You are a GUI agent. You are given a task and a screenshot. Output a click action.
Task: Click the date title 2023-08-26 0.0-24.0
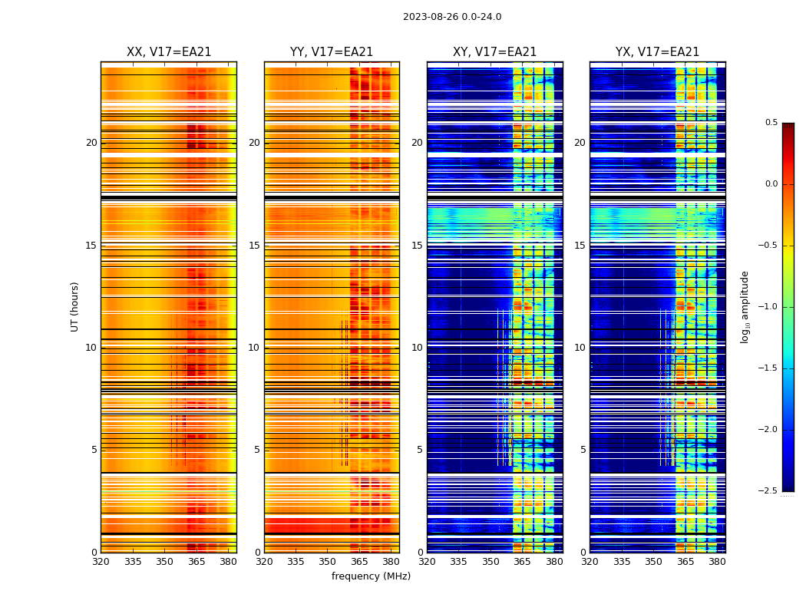(x=452, y=17)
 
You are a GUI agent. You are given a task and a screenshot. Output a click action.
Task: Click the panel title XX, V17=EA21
(x=169, y=52)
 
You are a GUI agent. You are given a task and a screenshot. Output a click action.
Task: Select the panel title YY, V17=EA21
(x=332, y=52)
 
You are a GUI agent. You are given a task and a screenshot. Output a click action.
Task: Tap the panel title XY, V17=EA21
(x=494, y=52)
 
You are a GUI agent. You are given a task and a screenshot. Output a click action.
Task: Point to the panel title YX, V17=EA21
(x=657, y=52)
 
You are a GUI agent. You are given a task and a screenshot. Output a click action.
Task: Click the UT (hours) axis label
(x=74, y=306)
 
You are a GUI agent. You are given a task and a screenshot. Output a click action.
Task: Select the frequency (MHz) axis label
(x=371, y=576)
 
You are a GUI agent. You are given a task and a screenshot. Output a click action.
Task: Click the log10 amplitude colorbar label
(x=745, y=306)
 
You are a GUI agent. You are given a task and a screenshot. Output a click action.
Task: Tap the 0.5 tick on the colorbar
(x=771, y=123)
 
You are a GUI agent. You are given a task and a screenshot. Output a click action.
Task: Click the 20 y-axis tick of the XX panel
(x=91, y=143)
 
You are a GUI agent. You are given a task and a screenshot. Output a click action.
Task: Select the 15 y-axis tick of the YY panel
(x=254, y=246)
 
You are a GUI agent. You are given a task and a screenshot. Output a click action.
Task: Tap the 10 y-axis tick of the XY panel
(x=417, y=348)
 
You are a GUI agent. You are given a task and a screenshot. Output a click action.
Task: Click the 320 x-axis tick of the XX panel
(x=101, y=561)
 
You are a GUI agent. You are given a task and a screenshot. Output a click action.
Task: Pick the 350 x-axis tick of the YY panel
(x=328, y=561)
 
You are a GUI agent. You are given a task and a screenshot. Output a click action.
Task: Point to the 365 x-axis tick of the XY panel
(x=522, y=561)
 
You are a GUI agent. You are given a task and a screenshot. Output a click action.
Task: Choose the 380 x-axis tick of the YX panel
(x=717, y=561)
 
